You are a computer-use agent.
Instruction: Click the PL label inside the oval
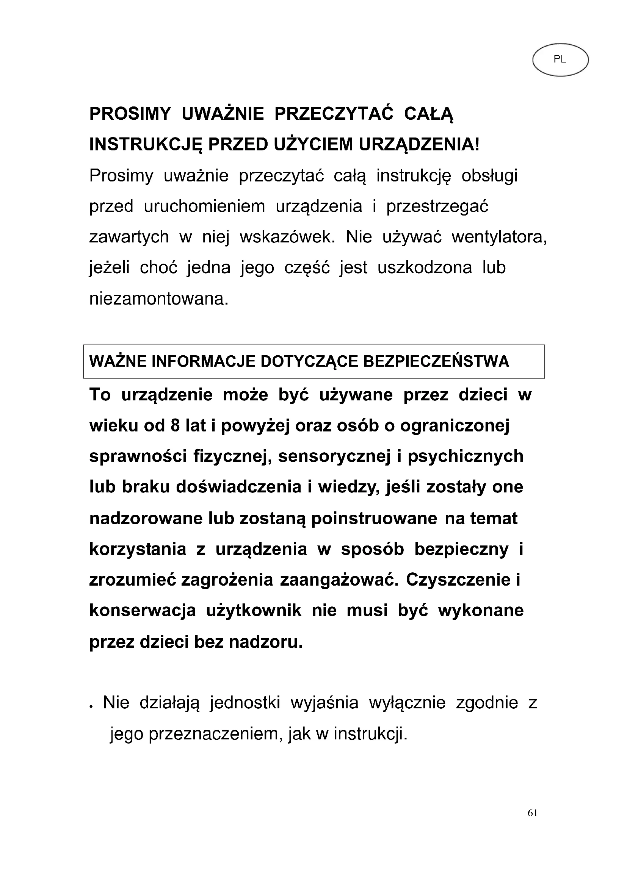tap(560, 59)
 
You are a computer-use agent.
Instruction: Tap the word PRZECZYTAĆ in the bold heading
tap(334, 114)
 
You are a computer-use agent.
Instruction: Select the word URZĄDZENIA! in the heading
tap(419, 145)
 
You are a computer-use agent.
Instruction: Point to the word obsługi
tap(489, 176)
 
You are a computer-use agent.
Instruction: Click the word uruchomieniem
tap(204, 206)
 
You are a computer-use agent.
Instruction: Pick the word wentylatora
tap(499, 237)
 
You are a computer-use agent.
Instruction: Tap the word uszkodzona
tap(425, 268)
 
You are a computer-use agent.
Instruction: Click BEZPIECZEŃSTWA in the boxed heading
tap(436, 362)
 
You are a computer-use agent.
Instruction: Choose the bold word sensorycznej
tap(334, 456)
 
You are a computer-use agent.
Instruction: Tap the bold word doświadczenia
tap(239, 487)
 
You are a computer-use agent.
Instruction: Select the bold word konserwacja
tap(143, 611)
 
